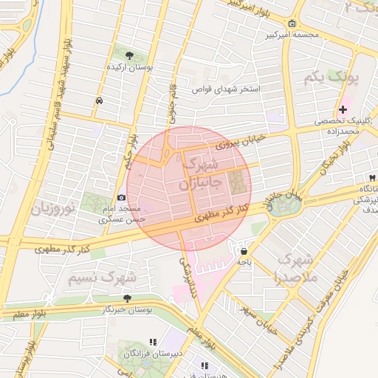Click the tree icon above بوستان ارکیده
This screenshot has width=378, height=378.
click(x=130, y=55)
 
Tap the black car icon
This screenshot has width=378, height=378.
click(x=100, y=100)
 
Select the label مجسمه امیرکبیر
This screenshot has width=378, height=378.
click(x=291, y=35)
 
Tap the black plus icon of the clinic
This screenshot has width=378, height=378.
click(x=343, y=109)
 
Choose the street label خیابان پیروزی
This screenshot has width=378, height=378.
click(x=234, y=142)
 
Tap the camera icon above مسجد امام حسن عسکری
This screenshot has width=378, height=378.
click(x=121, y=197)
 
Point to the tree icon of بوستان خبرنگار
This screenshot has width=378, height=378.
click(x=127, y=298)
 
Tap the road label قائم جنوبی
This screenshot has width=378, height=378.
click(x=173, y=100)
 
